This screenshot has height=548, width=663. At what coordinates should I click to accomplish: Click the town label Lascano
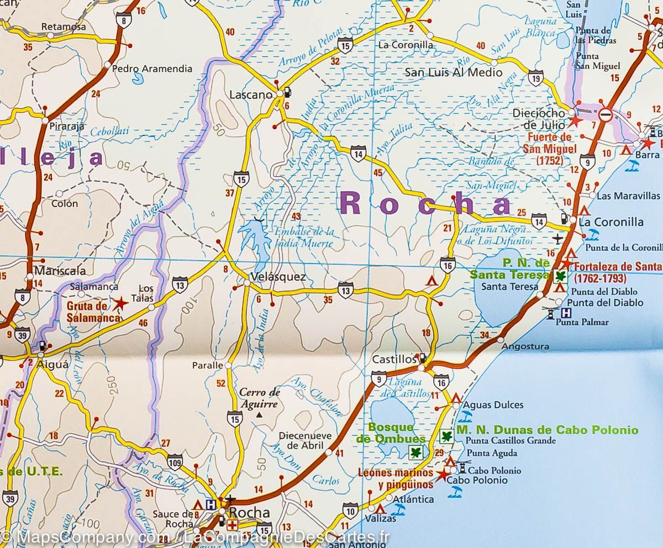250,94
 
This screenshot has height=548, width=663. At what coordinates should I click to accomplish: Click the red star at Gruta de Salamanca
119,303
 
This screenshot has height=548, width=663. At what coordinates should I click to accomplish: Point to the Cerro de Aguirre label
260,398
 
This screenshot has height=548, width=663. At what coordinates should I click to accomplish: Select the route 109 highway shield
175,460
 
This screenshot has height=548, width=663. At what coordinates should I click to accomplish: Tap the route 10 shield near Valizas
350,509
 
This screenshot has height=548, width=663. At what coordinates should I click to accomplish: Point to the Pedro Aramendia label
152,68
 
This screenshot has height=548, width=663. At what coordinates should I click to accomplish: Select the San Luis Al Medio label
446,72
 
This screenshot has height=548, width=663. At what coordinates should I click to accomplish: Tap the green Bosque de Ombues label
391,433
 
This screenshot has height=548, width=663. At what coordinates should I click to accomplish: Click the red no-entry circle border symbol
606,115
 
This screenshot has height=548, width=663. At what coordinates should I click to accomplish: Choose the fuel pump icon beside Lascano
288,92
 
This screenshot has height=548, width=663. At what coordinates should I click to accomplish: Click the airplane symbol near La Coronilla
558,238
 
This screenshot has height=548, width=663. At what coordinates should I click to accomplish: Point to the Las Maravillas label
628,196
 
